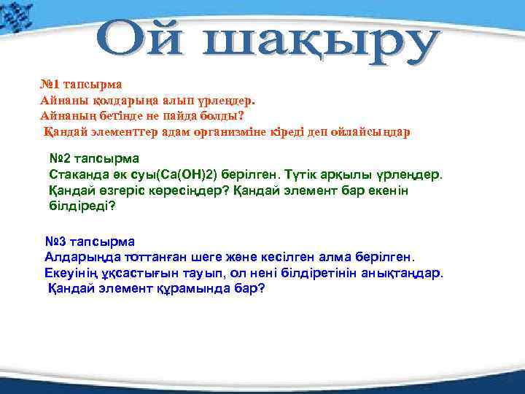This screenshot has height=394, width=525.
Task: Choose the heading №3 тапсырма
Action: (x=90, y=241)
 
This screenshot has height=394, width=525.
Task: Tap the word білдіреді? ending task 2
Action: (x=82, y=207)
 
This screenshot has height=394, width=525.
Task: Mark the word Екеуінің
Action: (x=72, y=273)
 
